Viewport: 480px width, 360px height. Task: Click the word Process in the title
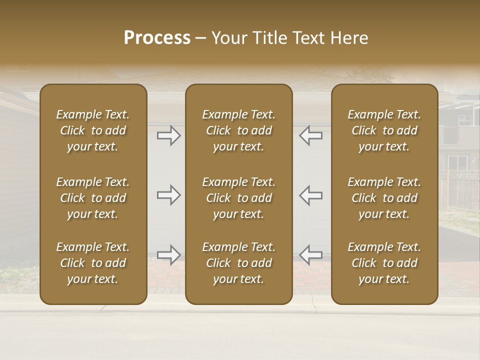157,38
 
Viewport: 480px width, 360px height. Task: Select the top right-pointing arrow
168,135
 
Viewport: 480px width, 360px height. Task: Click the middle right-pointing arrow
168,195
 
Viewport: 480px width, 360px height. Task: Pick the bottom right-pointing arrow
168,255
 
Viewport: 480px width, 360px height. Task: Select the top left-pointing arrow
311,135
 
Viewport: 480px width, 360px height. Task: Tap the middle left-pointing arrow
311,195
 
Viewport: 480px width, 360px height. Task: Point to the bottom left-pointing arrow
311,255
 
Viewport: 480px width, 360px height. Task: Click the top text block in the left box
93,130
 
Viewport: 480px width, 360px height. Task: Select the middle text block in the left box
93,198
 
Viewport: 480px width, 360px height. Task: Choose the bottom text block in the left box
93,263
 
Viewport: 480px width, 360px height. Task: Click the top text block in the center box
239,130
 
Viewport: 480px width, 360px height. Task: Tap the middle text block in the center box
239,198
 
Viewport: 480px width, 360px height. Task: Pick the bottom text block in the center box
239,263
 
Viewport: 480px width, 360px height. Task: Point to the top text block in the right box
384,130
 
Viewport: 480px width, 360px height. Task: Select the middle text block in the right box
384,198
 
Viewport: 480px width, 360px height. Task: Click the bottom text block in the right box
384,263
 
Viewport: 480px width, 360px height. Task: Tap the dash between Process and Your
200,38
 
